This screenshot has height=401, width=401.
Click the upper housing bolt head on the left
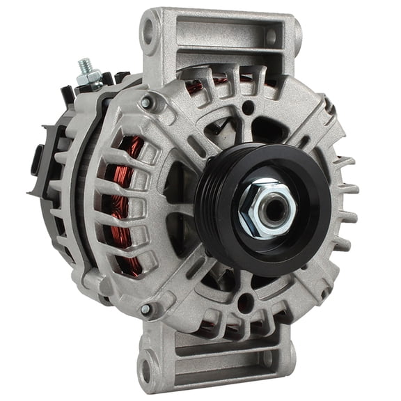tap(146, 102)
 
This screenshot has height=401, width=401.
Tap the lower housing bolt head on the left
tap(146, 309)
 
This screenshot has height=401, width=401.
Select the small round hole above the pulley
tap(248, 107)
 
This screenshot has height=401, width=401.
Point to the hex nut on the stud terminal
tap(89, 77)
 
